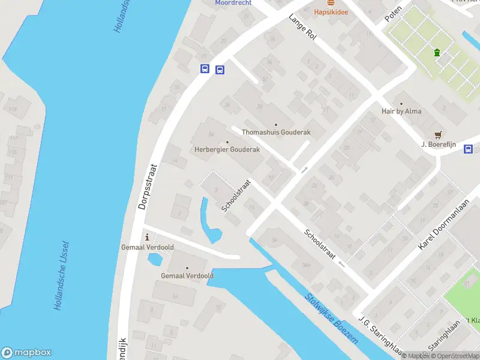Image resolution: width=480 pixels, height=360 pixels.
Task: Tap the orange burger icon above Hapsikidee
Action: (x=331, y=2)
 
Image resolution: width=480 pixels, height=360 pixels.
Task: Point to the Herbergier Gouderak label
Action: (x=227, y=149)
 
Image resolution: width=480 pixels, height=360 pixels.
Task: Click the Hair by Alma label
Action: (x=401, y=111)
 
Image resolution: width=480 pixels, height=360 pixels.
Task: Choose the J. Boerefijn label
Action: (x=440, y=144)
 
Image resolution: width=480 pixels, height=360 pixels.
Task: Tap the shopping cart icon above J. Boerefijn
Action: (x=438, y=134)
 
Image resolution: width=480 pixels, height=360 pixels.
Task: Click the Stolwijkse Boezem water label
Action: (x=331, y=318)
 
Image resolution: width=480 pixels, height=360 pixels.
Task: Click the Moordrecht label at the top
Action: (x=233, y=2)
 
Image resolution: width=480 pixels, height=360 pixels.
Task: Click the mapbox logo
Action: (x=26, y=353)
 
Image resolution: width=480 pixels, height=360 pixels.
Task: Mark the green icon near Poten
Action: (x=437, y=53)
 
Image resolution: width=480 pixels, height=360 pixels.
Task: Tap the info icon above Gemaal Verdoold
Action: (x=146, y=236)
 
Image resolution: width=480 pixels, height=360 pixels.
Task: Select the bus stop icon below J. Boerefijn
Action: (x=468, y=149)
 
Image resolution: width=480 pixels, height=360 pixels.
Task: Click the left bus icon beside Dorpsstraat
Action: (x=205, y=69)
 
